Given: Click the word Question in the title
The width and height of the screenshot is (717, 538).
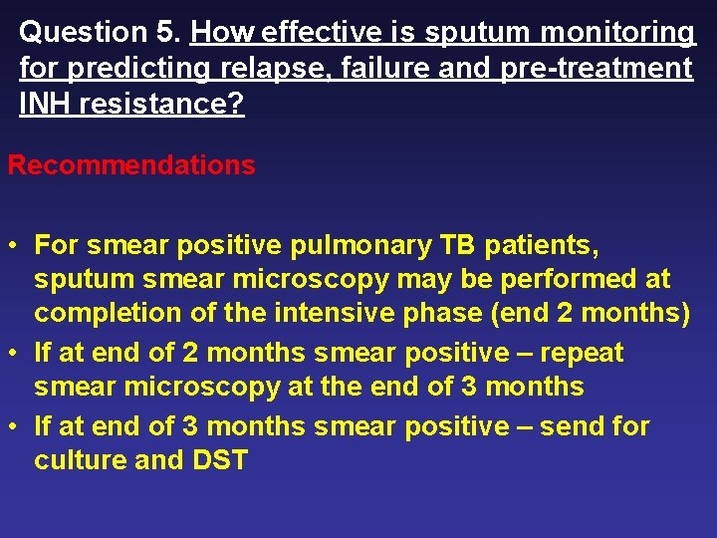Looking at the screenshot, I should click(x=83, y=33).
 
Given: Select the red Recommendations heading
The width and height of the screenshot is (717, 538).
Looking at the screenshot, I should click(x=131, y=165).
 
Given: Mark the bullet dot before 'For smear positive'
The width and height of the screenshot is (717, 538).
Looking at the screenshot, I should click(x=14, y=245).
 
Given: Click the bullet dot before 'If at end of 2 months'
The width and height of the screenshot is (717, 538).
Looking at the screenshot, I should click(x=14, y=354).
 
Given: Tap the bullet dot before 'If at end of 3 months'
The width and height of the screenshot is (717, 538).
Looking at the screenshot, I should click(x=14, y=427).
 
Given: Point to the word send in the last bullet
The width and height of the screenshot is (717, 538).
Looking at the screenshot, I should click(x=576, y=426).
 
